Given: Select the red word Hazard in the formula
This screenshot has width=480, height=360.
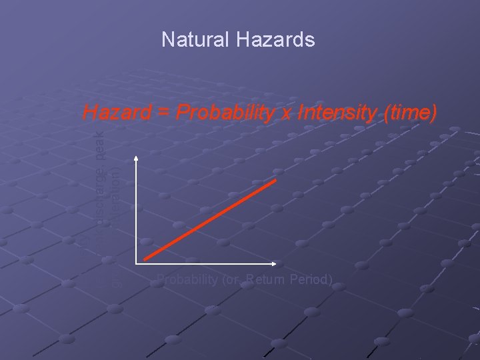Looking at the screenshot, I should pos(117,113).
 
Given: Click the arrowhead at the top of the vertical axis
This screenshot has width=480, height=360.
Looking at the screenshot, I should pos(136,158).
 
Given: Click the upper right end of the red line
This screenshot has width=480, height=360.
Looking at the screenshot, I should pos(275,180).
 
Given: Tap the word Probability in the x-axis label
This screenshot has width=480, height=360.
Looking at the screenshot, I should pos(185,279).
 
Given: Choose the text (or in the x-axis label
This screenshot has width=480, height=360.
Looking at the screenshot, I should pos(228,279).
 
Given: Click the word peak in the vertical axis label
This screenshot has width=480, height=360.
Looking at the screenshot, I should pos(98,143).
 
